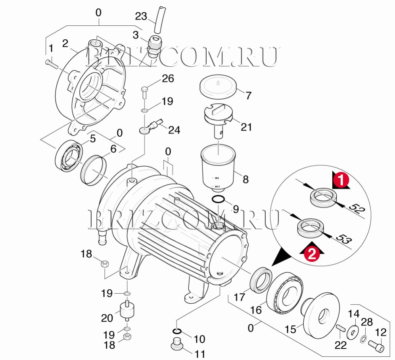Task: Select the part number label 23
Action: (141, 16)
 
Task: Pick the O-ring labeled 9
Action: (219, 198)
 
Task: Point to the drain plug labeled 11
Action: (177, 344)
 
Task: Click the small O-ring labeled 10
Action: (178, 331)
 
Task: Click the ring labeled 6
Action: (94, 170)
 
